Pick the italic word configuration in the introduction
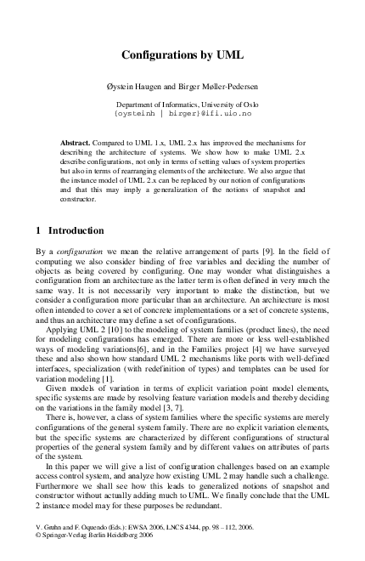click(78, 252)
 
